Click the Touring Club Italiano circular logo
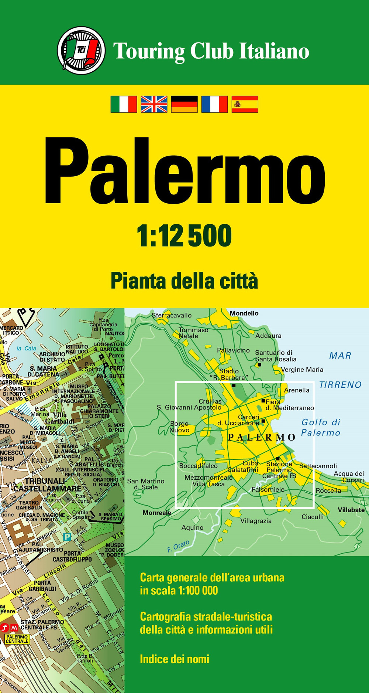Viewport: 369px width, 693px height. tap(81, 50)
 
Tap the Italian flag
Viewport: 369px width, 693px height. tap(124, 104)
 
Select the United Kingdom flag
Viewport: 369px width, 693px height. tap(154, 104)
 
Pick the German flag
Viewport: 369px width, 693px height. tap(184, 104)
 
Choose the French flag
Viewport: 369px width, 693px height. tap(215, 104)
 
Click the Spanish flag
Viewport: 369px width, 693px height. tap(245, 104)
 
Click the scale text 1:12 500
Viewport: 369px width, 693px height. tap(184, 236)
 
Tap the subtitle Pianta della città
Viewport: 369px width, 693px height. tap(184, 281)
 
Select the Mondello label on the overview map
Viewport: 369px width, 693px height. tap(244, 313)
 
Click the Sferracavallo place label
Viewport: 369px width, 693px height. tap(172, 315)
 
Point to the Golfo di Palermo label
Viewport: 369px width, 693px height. tap(321, 427)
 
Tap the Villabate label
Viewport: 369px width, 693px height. tap(351, 510)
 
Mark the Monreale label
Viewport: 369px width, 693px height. tap(157, 513)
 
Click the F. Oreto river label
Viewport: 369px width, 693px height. tap(179, 546)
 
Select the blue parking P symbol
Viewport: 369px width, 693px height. tap(67, 537)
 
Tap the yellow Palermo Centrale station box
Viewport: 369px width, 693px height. tap(17, 639)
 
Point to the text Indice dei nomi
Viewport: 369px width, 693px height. tap(175, 659)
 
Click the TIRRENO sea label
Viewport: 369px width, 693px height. tap(340, 385)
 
